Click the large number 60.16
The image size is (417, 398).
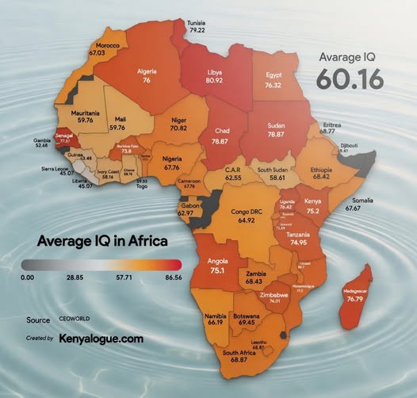point(351,79)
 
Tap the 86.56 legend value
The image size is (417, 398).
point(170,278)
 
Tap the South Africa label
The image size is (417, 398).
point(239,353)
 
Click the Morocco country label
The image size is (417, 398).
point(107,47)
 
